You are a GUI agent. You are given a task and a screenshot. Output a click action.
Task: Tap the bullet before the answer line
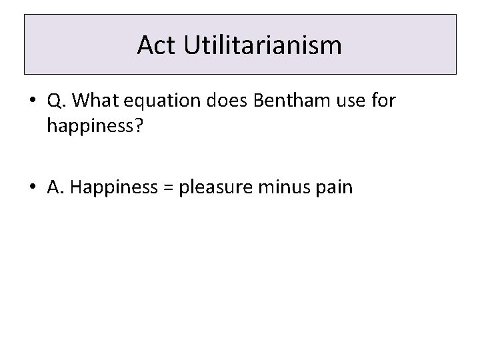[x=32, y=187]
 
